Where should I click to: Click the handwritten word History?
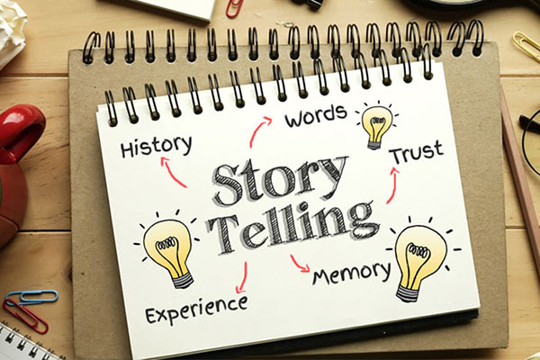(x=156, y=147)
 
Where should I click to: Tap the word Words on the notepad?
(x=316, y=116)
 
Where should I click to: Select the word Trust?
(x=417, y=152)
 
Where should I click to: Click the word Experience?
(x=196, y=309)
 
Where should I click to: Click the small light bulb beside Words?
(x=376, y=125)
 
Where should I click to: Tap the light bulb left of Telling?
(x=168, y=248)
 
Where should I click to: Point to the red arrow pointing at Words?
(x=257, y=130)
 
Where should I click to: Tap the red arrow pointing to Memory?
(x=298, y=265)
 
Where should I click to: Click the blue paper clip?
(x=31, y=296)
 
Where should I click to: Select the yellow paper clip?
(x=526, y=44)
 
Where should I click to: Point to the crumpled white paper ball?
(x=12, y=31)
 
